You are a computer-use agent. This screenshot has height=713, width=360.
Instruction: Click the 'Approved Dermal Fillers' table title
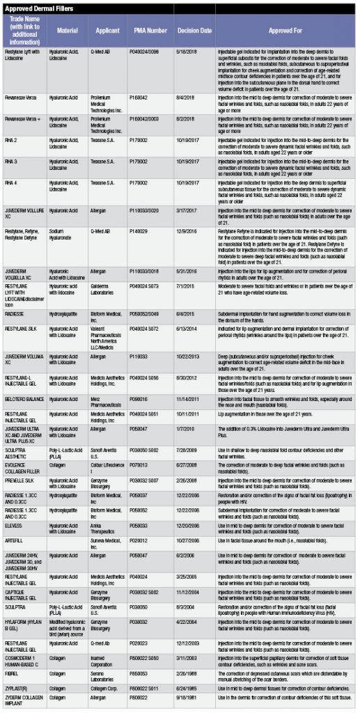tap(35, 7)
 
